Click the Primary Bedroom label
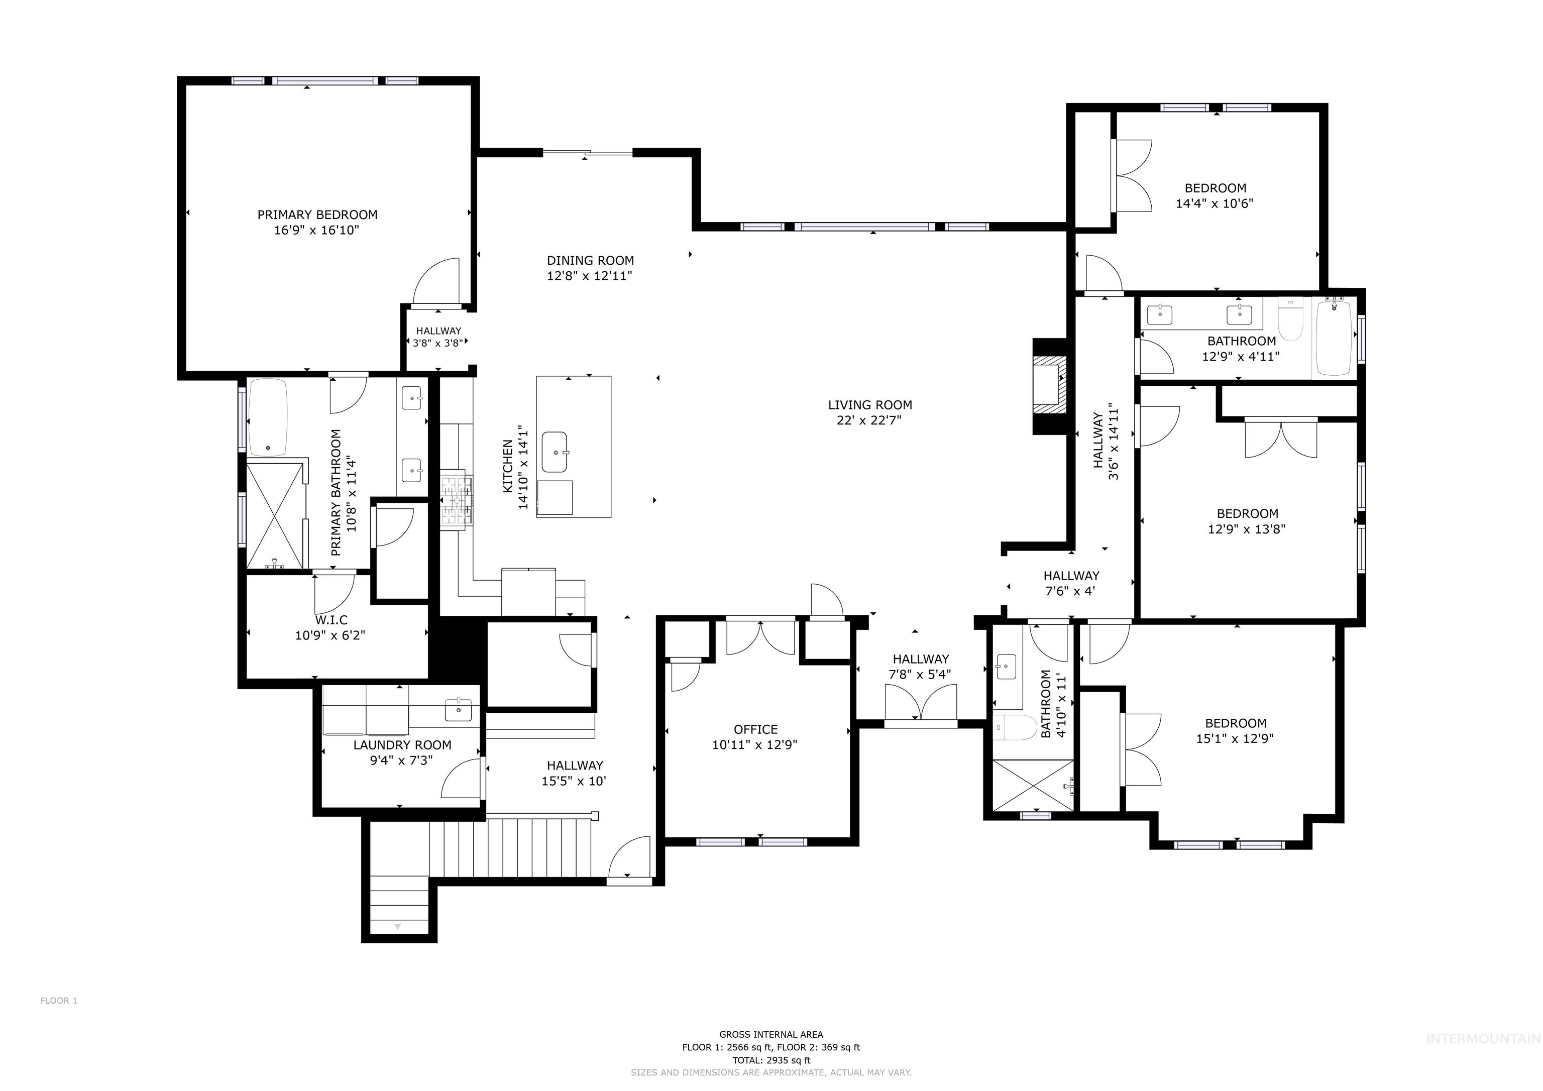pyautogui.click(x=317, y=214)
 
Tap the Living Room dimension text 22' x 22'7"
pyautogui.click(x=869, y=420)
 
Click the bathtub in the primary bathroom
pyautogui.click(x=268, y=418)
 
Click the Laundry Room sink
pyautogui.click(x=459, y=710)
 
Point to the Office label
pyautogui.click(x=755, y=729)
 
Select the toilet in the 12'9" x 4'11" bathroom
pyautogui.click(x=1290, y=321)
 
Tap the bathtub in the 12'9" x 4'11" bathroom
pyautogui.click(x=1334, y=338)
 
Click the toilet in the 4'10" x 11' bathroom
pyautogui.click(x=1015, y=727)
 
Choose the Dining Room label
pyautogui.click(x=590, y=260)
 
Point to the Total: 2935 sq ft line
pyautogui.click(x=771, y=1060)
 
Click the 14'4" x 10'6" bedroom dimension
pyautogui.click(x=1215, y=203)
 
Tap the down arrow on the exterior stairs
pyautogui.click(x=397, y=926)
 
